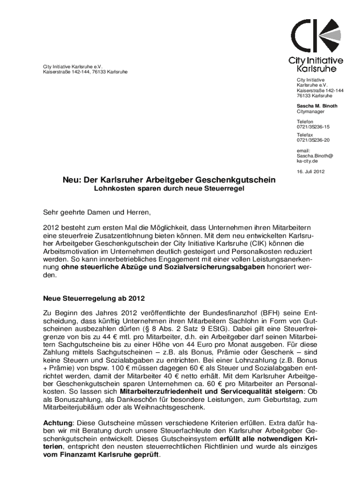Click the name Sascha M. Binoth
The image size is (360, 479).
click(317, 106)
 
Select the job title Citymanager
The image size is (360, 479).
click(310, 112)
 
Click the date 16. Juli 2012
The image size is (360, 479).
click(310, 171)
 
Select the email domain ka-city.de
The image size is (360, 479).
click(308, 160)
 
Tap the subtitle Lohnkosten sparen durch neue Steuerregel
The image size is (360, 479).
click(169, 189)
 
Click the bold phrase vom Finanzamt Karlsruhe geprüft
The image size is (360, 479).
click(101, 454)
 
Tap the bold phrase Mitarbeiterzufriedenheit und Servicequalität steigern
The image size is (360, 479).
click(212, 392)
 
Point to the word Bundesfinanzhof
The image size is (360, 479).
click(223, 312)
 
